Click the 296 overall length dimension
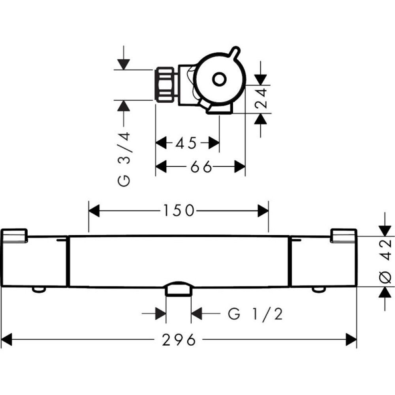tap(179, 340)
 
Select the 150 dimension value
tap(179, 211)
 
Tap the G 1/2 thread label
tap(255, 314)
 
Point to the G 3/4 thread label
tap(124, 159)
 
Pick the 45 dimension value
tap(186, 143)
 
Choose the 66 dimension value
tap(201, 167)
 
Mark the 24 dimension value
tap(260, 98)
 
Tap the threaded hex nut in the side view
tap(166, 85)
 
